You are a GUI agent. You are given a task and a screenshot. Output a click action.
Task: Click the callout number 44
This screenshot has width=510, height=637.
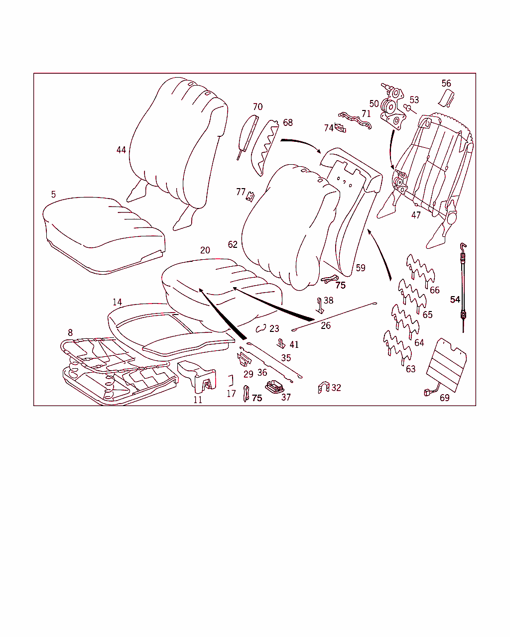pos(121,150)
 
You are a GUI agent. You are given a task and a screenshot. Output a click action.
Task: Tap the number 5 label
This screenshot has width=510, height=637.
pos(53,195)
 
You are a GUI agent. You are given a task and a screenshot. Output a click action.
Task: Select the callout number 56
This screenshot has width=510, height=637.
pos(446,83)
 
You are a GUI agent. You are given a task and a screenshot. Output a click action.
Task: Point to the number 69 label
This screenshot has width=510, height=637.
pos(445,398)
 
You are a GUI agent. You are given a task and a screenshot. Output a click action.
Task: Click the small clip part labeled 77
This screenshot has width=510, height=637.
pos(251,197)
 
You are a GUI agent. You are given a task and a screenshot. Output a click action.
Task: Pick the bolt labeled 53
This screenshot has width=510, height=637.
pos(408,107)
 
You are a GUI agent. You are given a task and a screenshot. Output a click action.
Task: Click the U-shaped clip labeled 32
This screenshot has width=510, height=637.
pos(324,388)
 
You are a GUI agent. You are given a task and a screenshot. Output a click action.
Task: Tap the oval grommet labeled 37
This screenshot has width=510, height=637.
pos(274,387)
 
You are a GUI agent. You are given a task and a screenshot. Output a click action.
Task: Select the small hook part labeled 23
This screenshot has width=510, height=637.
pos(261,328)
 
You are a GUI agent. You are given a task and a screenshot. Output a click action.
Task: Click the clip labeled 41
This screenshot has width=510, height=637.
pos(281,344)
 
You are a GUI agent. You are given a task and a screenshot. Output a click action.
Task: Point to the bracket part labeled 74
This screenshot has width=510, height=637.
pos(340,128)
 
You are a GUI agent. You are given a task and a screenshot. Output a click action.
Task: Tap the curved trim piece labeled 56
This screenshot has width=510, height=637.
pos(446,98)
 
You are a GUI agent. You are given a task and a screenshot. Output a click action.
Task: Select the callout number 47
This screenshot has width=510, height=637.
pos(416,215)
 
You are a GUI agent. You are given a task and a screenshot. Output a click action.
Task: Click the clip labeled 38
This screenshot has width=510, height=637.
pos(320,306)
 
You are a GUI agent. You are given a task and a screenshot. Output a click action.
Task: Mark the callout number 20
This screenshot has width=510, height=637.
pos(205,250)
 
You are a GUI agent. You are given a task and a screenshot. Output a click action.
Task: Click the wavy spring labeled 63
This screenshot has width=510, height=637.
pos(397,348)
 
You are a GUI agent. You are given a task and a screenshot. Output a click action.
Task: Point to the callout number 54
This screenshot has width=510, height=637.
pos(455,300)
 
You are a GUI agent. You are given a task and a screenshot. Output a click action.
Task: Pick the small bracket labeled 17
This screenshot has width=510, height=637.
pos(231,381)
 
